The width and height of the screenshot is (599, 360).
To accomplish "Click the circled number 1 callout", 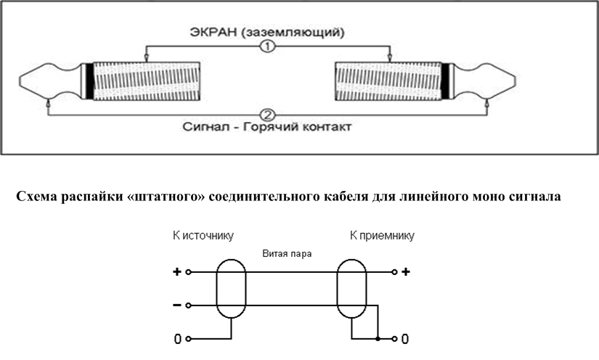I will coord(269,46).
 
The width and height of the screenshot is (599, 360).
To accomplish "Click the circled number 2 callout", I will coord(269,115).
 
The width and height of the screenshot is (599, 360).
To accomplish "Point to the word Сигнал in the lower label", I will coord(208,128).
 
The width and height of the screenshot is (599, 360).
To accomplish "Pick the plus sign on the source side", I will coord(176,273).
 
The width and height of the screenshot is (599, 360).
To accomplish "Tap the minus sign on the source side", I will coord(176,305).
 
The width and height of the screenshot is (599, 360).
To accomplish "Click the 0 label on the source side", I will coord(176,339).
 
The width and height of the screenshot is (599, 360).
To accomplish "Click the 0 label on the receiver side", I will coord(405,339).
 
